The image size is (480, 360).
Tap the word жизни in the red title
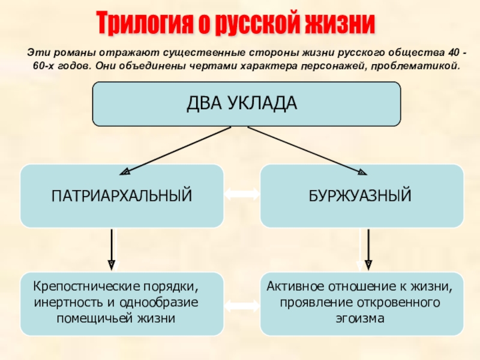(x=340, y=23)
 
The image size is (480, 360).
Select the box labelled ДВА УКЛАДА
(x=245, y=104)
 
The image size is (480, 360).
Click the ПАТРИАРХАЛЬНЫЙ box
(x=122, y=195)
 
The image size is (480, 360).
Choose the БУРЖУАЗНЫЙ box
(x=361, y=195)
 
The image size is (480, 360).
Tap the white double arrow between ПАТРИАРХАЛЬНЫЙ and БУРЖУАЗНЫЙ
(x=242, y=194)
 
